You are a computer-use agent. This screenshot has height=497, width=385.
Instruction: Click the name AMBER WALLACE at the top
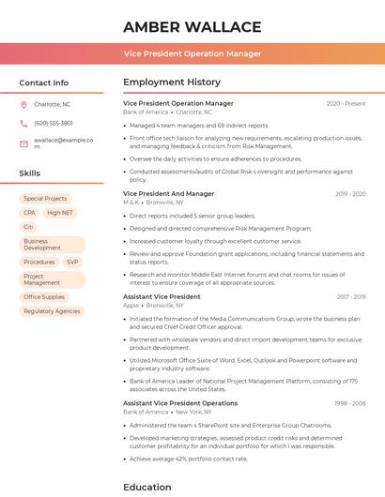192,26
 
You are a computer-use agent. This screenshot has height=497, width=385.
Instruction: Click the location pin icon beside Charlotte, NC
23,104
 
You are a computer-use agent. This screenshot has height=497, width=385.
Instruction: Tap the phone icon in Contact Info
23,123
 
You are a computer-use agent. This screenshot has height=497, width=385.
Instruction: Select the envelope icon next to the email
23,143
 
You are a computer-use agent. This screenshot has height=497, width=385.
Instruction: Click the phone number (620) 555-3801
54,123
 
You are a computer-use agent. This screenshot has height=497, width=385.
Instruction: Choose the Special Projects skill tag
45,199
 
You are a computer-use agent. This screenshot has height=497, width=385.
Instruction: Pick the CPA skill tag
30,213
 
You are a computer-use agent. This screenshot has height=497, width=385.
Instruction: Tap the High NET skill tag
60,213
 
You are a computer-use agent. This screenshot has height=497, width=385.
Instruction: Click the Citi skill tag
28,227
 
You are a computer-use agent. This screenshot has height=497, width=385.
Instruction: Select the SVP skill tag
72,262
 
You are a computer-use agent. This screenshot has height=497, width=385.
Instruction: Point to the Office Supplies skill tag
44,296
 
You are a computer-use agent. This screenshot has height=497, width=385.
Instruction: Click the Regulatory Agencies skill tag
52,310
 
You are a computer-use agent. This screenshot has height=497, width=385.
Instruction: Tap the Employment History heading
172,83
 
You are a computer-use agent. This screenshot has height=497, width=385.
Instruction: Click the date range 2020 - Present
346,103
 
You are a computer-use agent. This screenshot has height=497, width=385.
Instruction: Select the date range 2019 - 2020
350,193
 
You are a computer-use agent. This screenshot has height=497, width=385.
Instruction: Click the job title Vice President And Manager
168,193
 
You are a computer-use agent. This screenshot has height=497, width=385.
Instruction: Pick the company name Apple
131,305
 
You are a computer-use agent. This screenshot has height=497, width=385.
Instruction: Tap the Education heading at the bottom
147,487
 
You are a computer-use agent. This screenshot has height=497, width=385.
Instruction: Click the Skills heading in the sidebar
30,173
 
